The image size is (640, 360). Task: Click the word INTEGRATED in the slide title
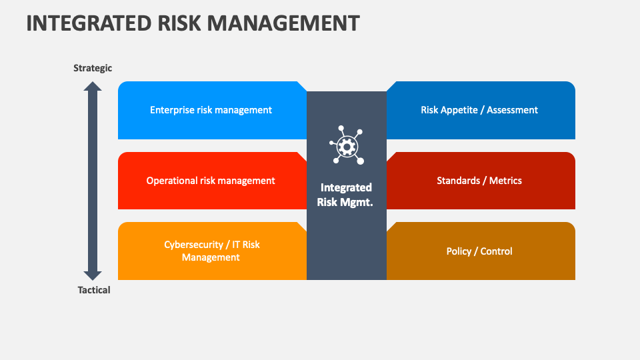[x=89, y=23]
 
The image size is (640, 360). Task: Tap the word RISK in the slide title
[x=179, y=23]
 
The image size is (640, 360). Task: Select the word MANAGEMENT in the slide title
[x=283, y=23]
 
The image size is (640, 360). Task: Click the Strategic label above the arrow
[x=93, y=68]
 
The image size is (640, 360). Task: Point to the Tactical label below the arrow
[x=94, y=290]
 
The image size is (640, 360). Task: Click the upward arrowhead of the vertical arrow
[x=93, y=86]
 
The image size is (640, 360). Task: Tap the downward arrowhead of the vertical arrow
[x=93, y=275]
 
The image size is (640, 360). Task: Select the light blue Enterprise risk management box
[x=212, y=110]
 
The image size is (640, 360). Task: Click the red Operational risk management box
[x=212, y=181]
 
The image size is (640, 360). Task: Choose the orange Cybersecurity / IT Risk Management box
[x=212, y=251]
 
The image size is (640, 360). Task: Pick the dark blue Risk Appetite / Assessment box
[x=481, y=110]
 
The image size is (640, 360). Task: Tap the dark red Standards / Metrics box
[x=481, y=181]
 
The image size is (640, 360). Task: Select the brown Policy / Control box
[x=481, y=251]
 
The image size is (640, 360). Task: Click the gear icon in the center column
[x=347, y=145]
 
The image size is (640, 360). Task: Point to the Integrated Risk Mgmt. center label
[x=346, y=195]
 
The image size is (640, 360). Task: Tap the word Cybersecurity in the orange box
[x=193, y=245]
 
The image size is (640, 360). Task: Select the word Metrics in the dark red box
[x=505, y=181]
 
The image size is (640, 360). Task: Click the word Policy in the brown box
[x=459, y=251]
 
